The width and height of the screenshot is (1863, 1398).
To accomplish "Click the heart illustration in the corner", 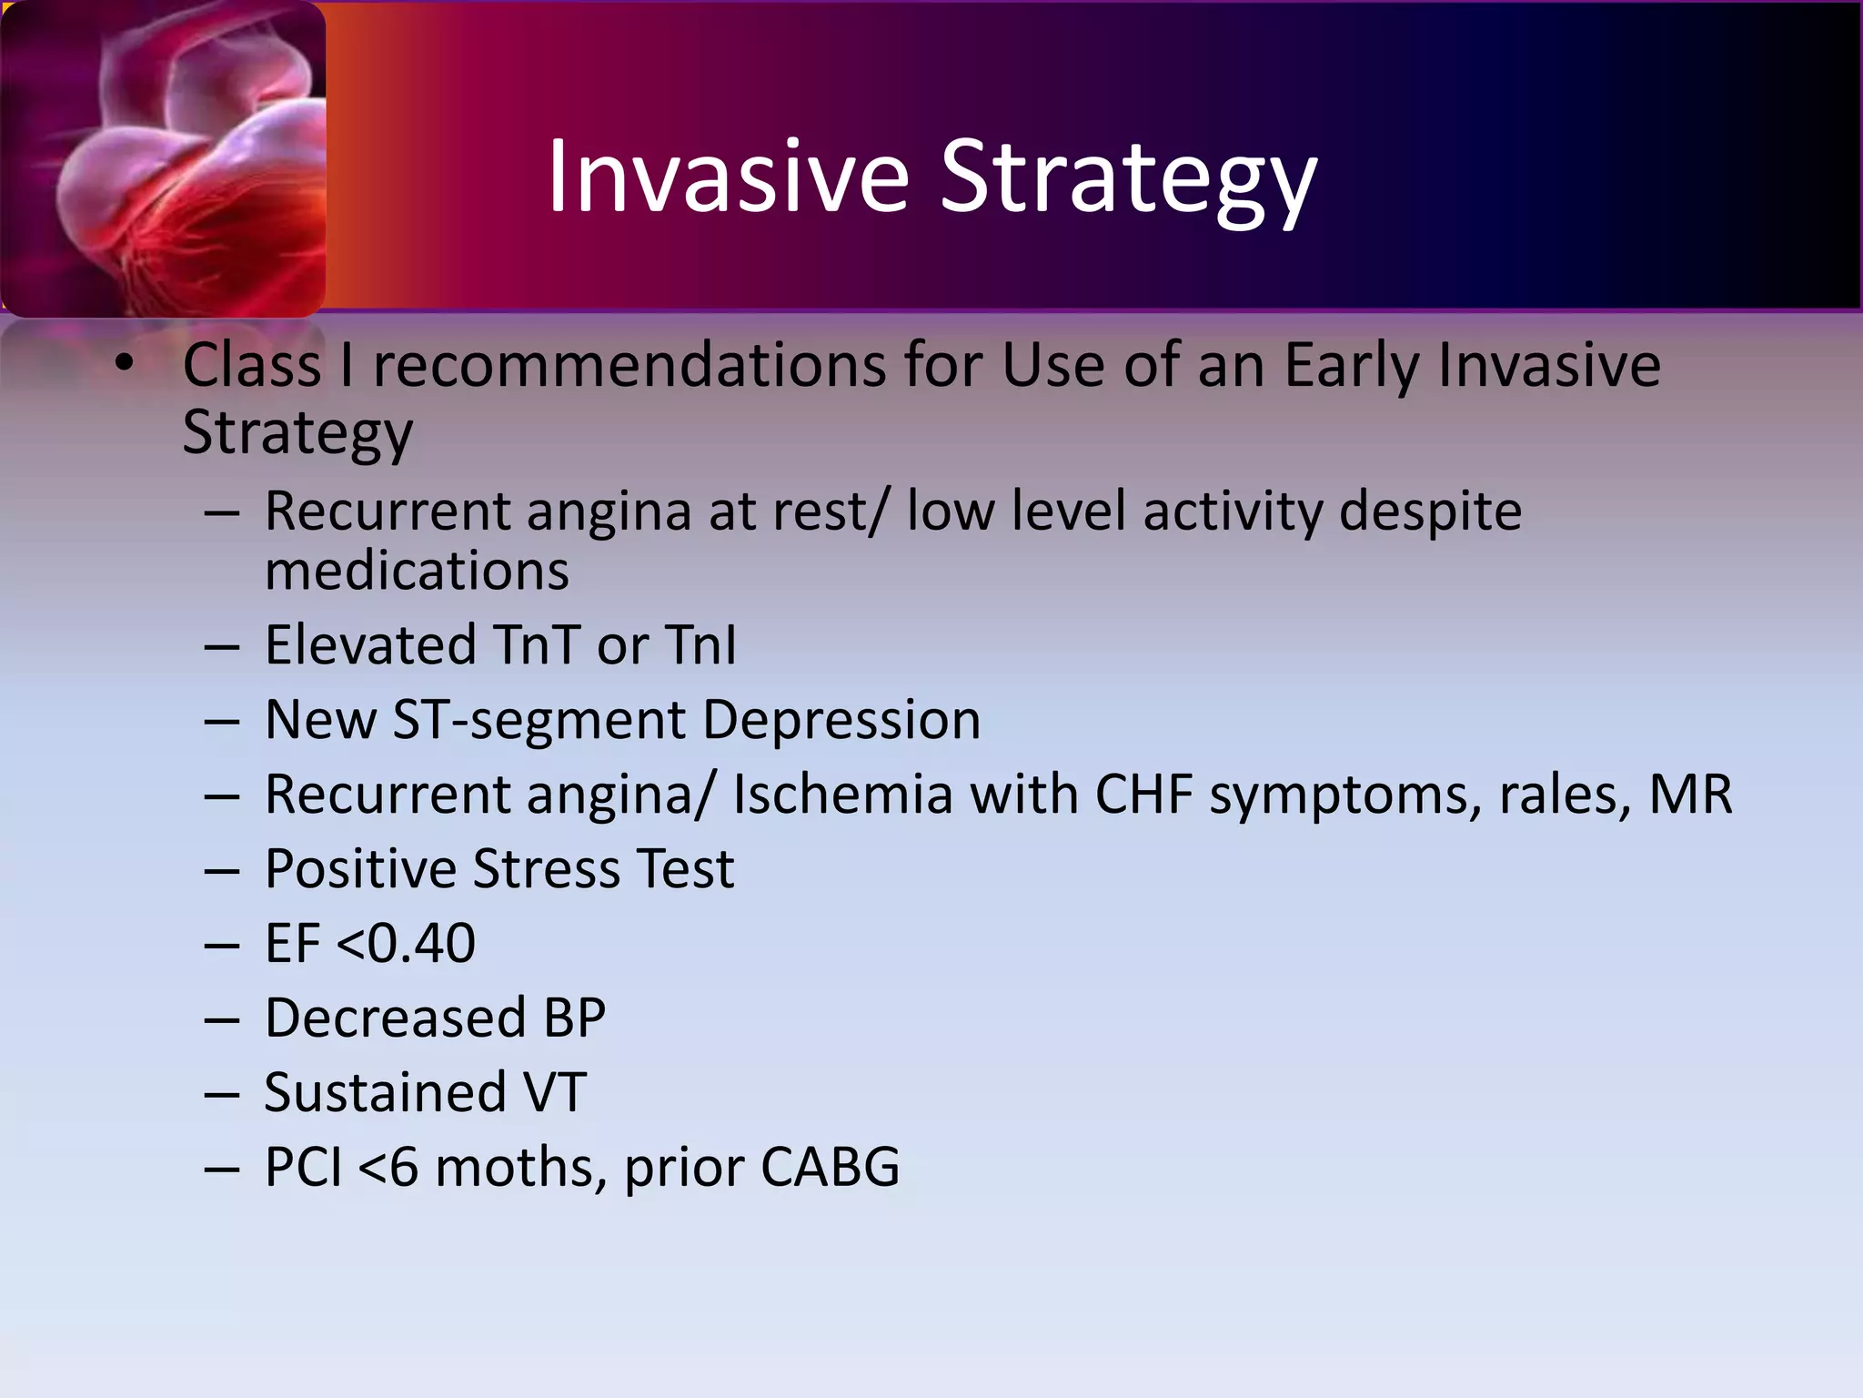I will pos(164,159).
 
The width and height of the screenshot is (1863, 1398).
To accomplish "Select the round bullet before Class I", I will pos(125,364).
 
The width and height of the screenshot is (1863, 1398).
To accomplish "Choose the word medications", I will pos(417,571).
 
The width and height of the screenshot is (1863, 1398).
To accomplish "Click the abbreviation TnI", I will pos(700,645).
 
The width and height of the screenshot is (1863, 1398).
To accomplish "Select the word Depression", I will pos(841,720).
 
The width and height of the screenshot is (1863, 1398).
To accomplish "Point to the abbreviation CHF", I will pos(1143,795).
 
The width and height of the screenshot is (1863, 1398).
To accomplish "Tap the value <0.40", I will pos(406,943).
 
